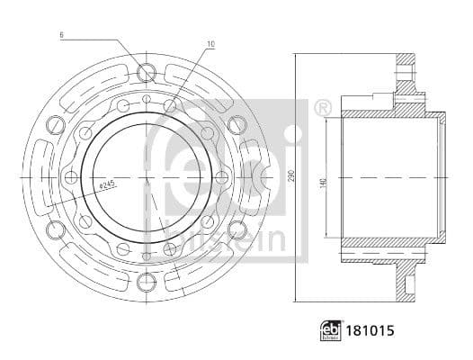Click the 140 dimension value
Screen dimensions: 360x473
[x=323, y=181]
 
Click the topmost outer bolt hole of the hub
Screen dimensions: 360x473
[x=146, y=73]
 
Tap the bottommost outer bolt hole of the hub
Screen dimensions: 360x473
[x=146, y=284]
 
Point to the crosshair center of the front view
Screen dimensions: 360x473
[x=146, y=178]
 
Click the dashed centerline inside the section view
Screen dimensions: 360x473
[x=387, y=178]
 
